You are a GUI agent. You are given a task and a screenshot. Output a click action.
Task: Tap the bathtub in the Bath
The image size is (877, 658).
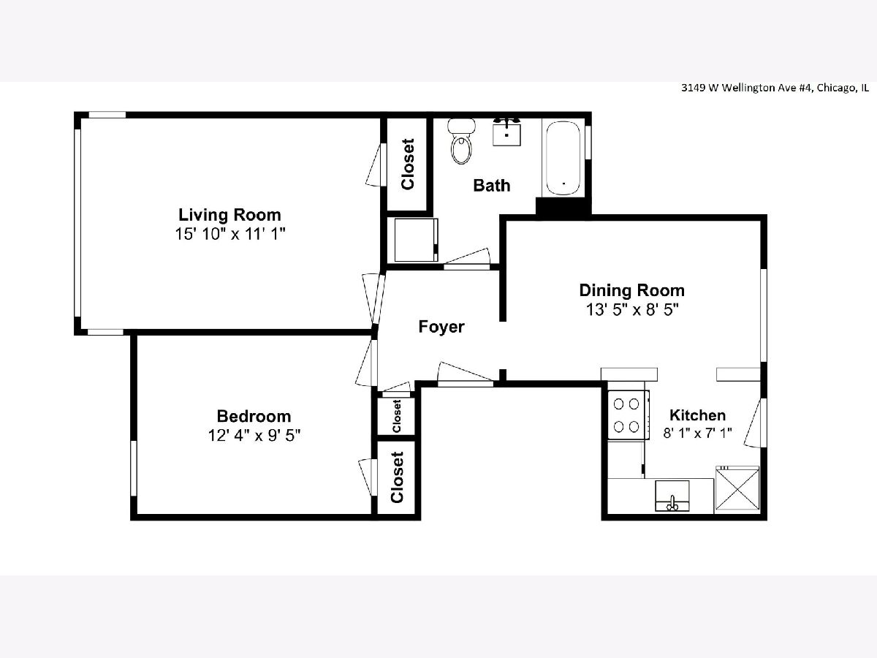pos(563,158)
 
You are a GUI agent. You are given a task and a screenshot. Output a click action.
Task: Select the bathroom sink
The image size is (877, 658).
pos(506,132)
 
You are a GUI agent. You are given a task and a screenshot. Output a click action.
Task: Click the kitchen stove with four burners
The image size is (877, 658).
pos(627,415)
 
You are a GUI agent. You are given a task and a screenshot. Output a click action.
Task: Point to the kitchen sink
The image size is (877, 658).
pos(672,496)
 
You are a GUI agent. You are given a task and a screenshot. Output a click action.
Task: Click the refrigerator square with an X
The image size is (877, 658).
pos(737,488)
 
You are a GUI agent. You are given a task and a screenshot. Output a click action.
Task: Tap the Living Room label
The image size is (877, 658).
pos(229,215)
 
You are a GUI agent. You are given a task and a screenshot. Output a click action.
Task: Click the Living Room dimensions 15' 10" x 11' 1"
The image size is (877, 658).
pos(230,234)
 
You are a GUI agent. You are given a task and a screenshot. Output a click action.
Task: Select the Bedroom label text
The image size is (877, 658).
pos(254,416)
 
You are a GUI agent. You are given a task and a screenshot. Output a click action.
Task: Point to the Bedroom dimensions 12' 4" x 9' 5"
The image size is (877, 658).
pos(254,435)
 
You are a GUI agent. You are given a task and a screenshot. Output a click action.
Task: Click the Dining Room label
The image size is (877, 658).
pos(631,290)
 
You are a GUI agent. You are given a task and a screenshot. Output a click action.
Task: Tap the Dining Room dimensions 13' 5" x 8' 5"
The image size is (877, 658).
pos(632,309)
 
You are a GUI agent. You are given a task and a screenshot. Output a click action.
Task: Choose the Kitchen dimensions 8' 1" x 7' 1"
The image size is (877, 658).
pos(697,433)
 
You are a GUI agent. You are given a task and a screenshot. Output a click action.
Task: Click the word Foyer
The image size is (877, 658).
pos(441,327)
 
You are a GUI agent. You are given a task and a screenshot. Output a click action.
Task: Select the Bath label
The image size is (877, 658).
pos(491,186)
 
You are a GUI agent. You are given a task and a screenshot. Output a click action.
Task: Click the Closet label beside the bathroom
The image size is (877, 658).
pos(408,164)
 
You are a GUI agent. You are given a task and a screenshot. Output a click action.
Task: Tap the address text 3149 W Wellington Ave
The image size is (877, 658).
pos(746,88)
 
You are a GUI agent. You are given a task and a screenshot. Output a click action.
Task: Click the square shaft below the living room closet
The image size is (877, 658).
pos(416,240)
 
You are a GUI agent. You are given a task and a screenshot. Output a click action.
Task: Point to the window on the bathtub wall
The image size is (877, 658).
pos(588,143)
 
